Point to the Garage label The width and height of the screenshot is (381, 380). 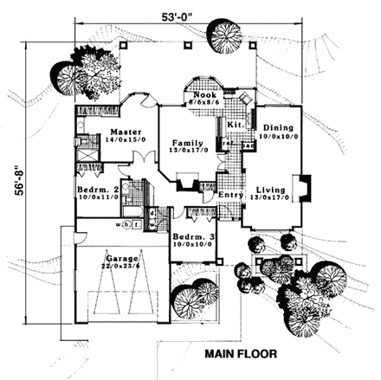coord(119,258)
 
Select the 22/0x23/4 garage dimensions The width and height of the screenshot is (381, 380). coord(119,267)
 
